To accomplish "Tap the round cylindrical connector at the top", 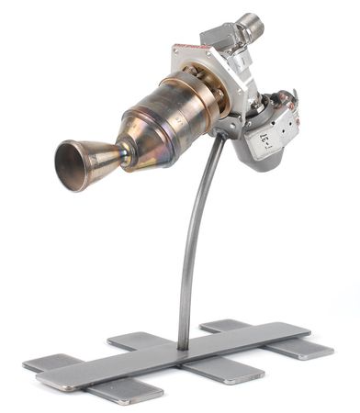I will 249,27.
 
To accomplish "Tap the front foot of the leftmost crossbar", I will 124,392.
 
